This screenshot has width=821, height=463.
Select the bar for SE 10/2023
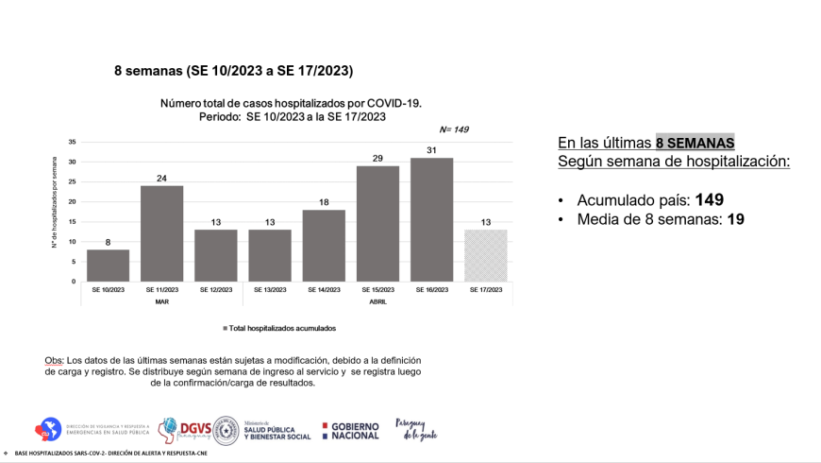pyautogui.click(x=108, y=266)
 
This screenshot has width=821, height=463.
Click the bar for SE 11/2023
pyautogui.click(x=161, y=233)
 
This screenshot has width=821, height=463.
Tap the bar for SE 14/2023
pyautogui.click(x=324, y=246)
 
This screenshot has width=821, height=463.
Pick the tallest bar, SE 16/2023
pyautogui.click(x=431, y=219)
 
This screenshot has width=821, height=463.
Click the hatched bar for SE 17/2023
pyautogui.click(x=486, y=255)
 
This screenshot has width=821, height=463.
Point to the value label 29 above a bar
pyautogui.click(x=377, y=158)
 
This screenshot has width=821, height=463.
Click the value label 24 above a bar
pyautogui.click(x=161, y=178)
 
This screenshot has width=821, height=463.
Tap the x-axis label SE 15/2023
pyautogui.click(x=377, y=290)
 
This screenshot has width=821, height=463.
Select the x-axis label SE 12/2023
pyautogui.click(x=215, y=290)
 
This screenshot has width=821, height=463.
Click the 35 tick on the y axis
pyautogui.click(x=72, y=142)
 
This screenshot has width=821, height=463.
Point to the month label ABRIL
pyautogui.click(x=377, y=301)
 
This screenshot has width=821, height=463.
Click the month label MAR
pyautogui.click(x=161, y=301)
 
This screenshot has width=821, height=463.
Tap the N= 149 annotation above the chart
pyautogui.click(x=454, y=129)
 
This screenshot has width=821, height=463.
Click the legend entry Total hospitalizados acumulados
pyautogui.click(x=279, y=328)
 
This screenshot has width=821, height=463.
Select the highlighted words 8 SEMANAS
pyautogui.click(x=695, y=143)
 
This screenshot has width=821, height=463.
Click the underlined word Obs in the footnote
pyautogui.click(x=54, y=361)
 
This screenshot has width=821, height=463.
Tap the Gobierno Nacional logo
pyautogui.click(x=350, y=431)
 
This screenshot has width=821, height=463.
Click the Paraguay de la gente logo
pyautogui.click(x=416, y=430)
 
